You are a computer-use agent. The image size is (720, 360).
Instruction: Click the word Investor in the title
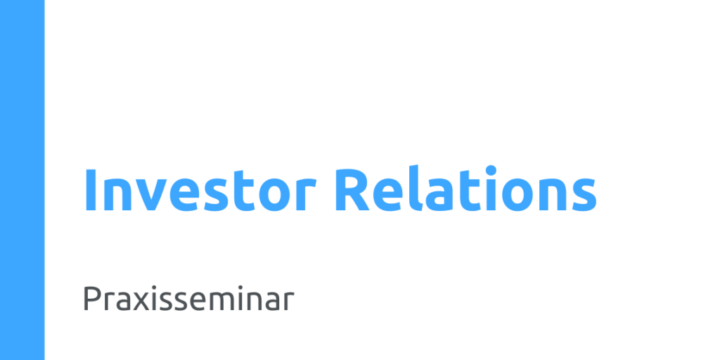click(200, 190)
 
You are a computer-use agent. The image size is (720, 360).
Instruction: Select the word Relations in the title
click(465, 188)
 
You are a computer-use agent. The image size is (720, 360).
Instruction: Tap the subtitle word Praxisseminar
click(188, 298)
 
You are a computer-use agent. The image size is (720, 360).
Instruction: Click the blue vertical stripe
click(22, 180)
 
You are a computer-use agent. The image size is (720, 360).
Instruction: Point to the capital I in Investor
click(90, 190)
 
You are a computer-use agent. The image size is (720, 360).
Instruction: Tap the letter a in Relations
click(439, 195)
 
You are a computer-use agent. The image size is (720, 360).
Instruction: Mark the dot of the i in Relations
click(491, 170)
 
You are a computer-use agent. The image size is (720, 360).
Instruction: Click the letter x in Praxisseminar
click(142, 302)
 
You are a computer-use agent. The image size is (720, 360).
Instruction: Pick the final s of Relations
click(584, 195)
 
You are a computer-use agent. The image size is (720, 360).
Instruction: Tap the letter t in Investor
click(245, 192)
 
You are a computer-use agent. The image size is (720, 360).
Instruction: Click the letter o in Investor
click(275, 195)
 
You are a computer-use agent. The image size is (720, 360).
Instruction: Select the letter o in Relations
click(517, 195)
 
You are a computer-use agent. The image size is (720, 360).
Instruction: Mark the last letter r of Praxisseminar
click(289, 302)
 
